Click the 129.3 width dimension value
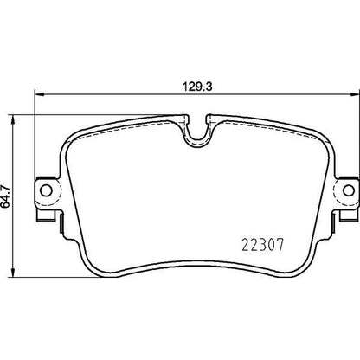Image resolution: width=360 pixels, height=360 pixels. [197, 87]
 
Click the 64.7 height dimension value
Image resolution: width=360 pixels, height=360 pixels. [6, 196]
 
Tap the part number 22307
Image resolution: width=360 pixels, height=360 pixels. [263, 246]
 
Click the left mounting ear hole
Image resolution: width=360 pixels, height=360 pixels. [46, 190]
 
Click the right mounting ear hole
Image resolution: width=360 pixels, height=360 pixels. [349, 190]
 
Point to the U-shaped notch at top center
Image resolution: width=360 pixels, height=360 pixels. [197, 132]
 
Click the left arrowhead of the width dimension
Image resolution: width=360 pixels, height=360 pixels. [39, 93]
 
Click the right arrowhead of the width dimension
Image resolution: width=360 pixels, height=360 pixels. [355, 93]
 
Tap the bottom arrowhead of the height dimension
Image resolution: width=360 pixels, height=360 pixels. [12, 273]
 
